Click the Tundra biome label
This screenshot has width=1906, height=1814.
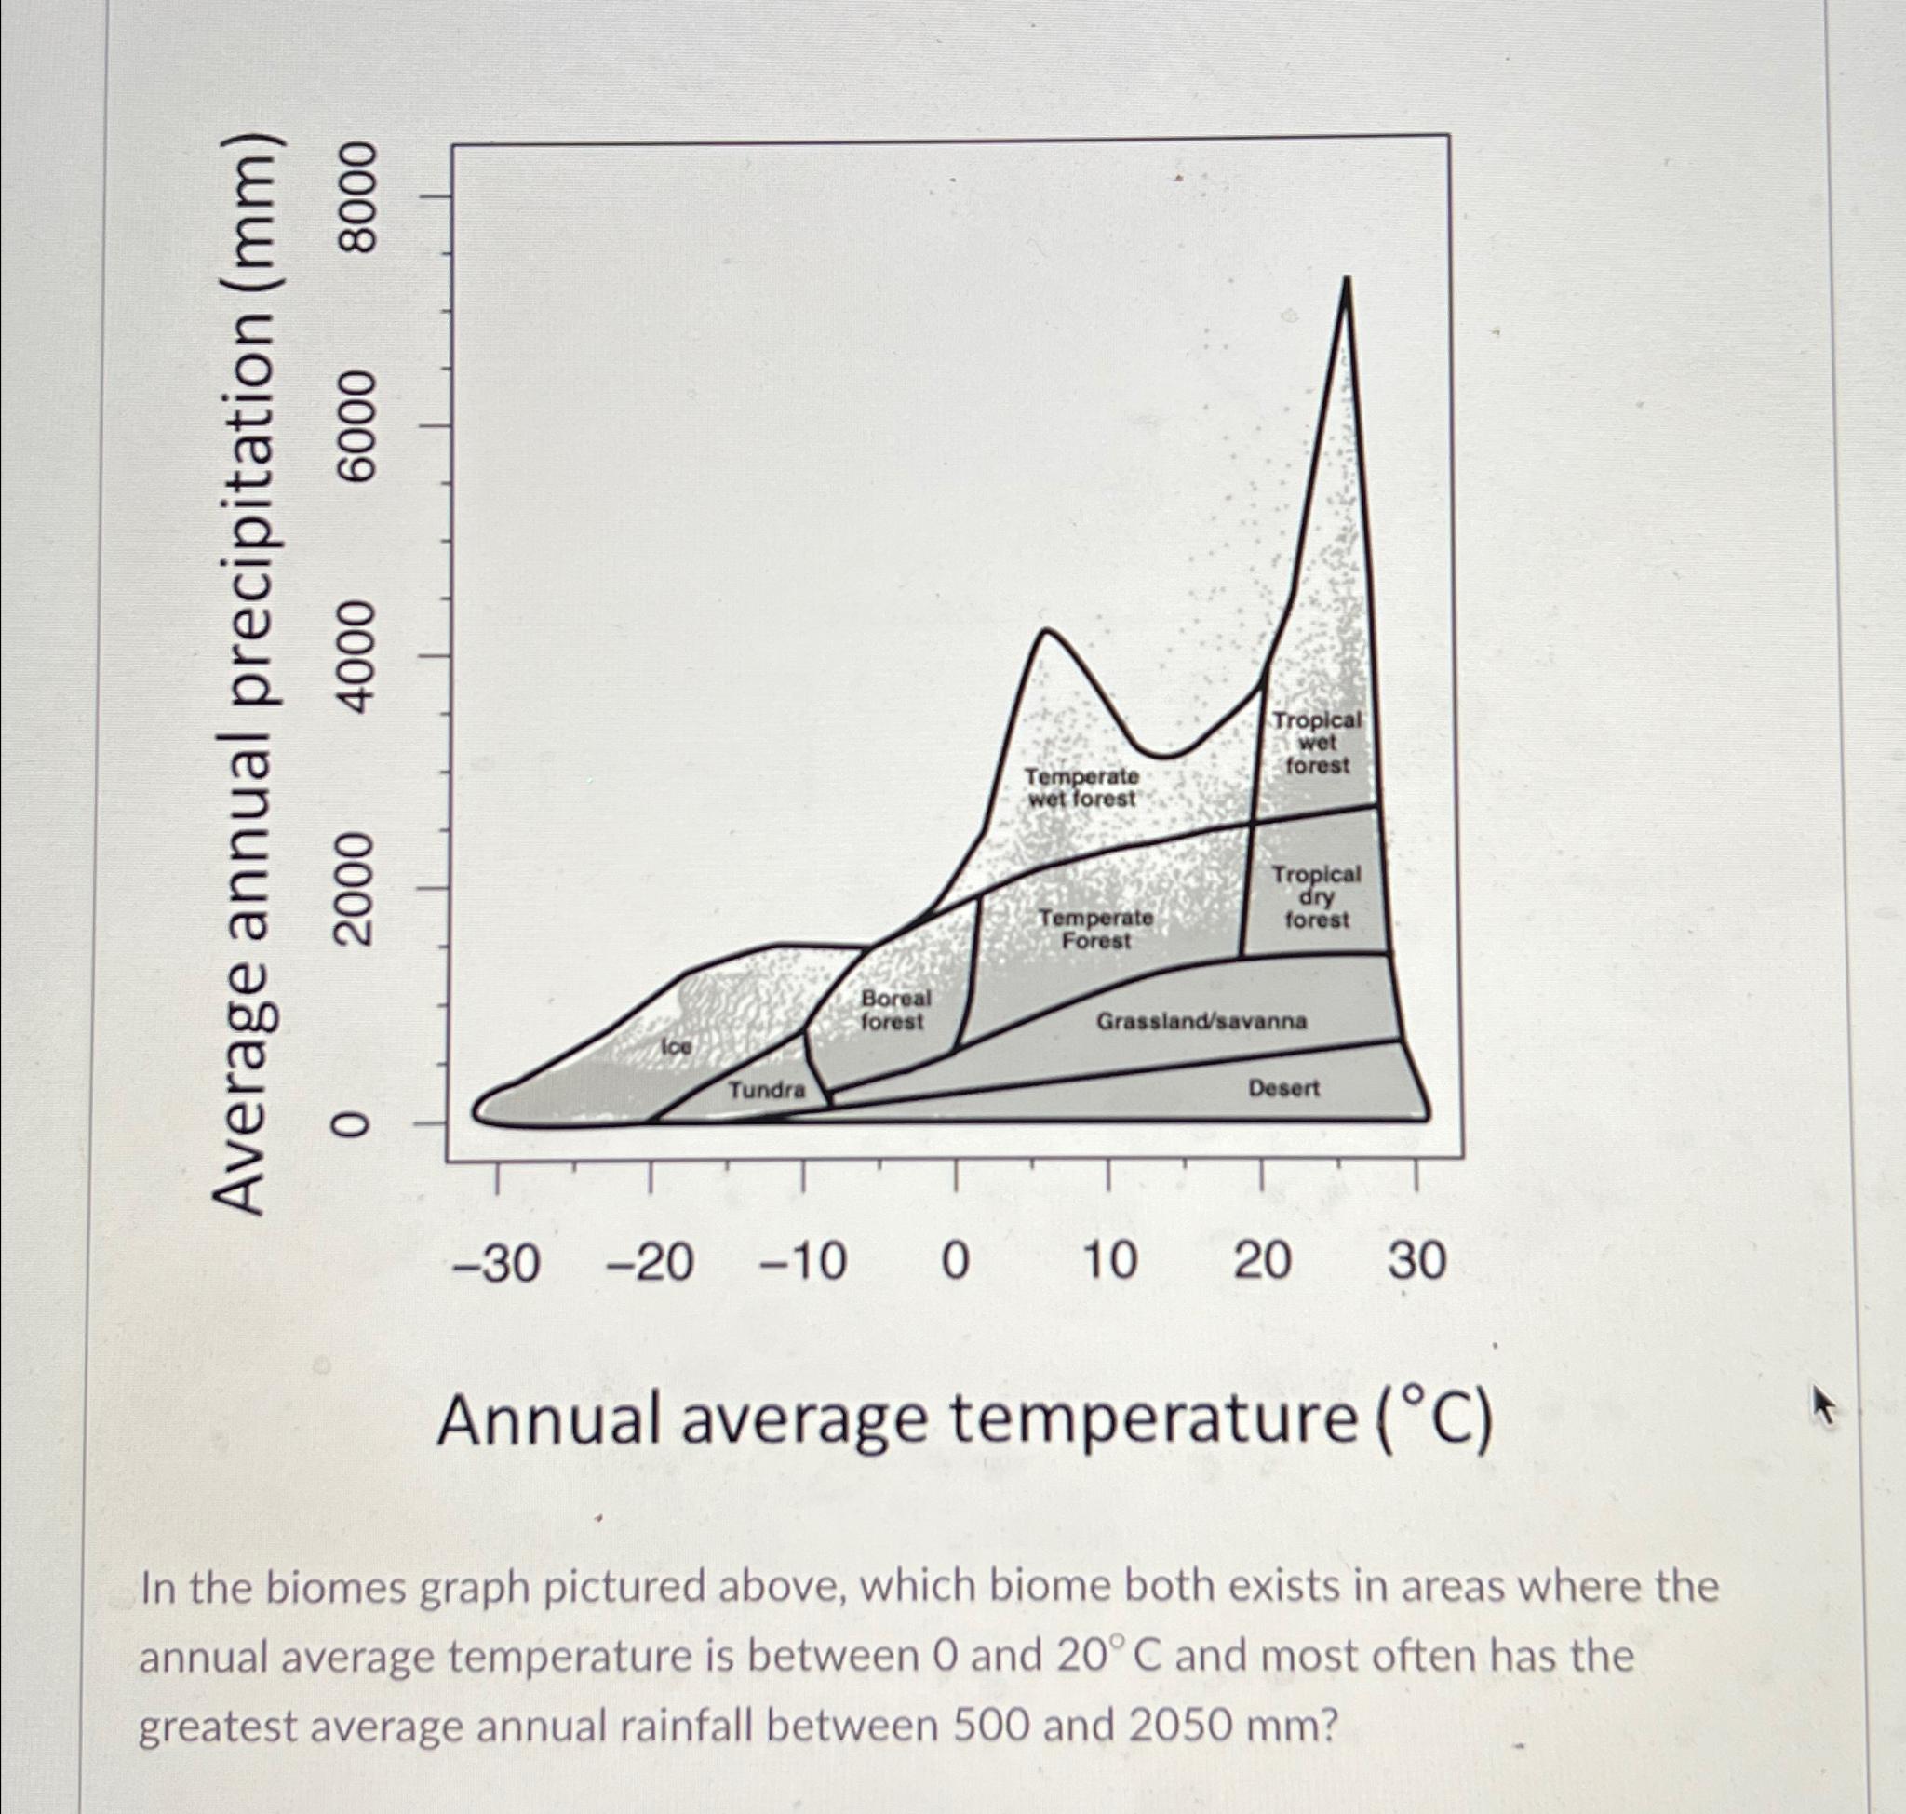(767, 1090)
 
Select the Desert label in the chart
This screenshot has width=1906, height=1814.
(1283, 1088)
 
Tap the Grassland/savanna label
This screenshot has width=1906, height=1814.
(1201, 1021)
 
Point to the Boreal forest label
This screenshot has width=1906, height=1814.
(894, 1009)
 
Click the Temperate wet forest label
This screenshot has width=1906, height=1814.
(1081, 787)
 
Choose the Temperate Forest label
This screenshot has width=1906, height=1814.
(1095, 928)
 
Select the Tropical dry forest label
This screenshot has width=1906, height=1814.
(1315, 895)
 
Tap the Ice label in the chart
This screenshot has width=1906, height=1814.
(676, 1047)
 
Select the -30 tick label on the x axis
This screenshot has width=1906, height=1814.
(496, 1263)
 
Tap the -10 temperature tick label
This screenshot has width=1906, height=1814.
(803, 1263)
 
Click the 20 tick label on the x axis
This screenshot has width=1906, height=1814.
(1262, 1263)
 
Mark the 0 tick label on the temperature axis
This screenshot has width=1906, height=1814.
(956, 1263)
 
